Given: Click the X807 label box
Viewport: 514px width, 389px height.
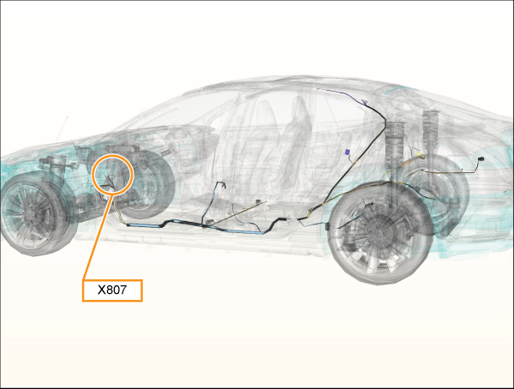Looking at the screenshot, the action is (112, 290).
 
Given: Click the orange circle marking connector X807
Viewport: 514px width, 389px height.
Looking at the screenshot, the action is (113, 175).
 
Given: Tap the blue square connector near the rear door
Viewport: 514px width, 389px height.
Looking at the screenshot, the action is (348, 153).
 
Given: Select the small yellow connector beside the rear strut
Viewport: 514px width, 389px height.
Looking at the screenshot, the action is (419, 153).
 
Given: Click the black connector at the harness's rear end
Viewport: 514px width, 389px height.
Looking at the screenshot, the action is (481, 159).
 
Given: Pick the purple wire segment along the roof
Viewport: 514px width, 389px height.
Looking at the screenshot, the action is (340, 93).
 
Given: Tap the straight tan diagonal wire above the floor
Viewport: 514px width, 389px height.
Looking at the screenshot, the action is (237, 213).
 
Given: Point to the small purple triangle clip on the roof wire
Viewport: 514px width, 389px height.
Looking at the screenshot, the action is (365, 102).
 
